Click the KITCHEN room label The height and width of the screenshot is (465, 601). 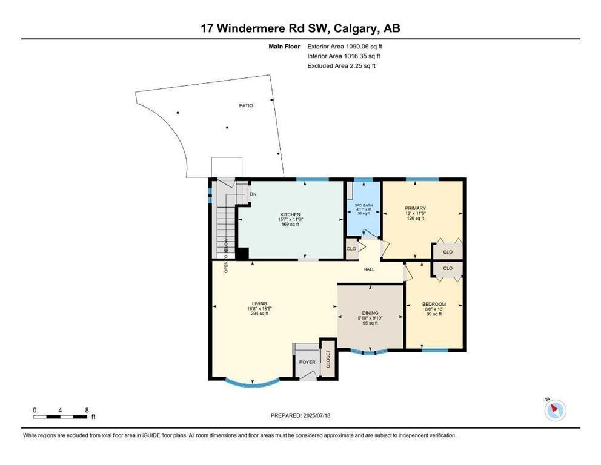pos(291,214)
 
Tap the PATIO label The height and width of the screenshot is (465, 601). pos(246,105)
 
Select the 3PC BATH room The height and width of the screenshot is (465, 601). pos(364,209)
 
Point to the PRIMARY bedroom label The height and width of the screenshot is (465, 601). pos(416,208)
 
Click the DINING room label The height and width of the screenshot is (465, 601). pos(370,313)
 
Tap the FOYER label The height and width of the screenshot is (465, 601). pos(307,362)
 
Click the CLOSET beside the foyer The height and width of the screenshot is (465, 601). pos(328,359)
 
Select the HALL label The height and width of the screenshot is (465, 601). pos(369,269)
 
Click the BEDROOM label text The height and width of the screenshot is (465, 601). pos(434,304)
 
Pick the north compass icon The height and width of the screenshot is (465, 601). pos(554,409)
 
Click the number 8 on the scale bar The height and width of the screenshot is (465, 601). pos(87,411)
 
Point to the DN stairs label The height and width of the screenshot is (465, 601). pos(253,194)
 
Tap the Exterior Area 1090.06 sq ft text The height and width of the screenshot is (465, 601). pos(345,47)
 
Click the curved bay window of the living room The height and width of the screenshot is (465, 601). pos(253,383)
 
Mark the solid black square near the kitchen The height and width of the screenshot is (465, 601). pos(242,254)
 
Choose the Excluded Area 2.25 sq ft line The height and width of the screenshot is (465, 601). pos(341,66)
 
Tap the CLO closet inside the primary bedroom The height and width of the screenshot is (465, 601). pos(448,252)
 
